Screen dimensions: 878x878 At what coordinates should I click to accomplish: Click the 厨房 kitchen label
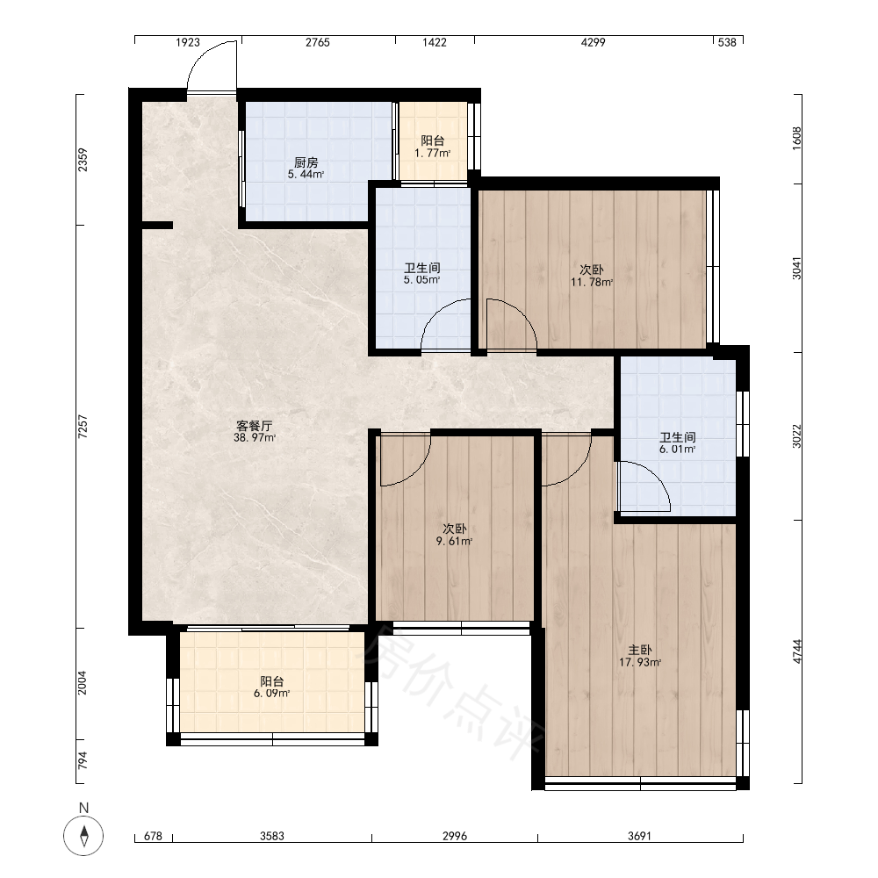click(x=306, y=162)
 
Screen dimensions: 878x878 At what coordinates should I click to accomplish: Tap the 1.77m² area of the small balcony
click(x=432, y=153)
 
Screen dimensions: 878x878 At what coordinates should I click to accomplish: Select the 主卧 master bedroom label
click(x=639, y=650)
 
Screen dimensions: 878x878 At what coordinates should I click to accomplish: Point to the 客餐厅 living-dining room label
click(x=255, y=426)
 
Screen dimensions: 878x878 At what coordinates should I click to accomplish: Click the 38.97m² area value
click(x=255, y=438)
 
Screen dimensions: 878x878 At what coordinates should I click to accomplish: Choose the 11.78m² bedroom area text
click(x=591, y=282)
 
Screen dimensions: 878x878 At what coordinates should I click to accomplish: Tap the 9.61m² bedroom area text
click(x=454, y=541)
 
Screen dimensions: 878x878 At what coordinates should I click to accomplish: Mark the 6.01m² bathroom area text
click(x=677, y=449)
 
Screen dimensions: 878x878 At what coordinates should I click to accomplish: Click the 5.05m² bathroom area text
click(x=421, y=279)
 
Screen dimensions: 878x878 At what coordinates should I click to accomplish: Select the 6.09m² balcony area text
click(x=271, y=694)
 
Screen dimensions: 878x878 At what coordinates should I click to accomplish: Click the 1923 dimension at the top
click(x=188, y=42)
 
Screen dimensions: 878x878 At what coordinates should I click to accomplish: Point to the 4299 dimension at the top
click(x=593, y=42)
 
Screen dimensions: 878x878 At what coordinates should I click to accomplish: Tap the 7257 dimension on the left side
click(x=83, y=426)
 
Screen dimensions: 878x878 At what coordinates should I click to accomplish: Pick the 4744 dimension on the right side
click(x=797, y=651)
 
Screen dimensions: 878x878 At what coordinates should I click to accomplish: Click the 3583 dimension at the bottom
click(x=272, y=836)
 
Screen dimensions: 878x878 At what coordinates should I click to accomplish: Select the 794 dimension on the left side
click(x=83, y=759)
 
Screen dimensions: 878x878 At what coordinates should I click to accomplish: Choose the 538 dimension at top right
click(x=727, y=42)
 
